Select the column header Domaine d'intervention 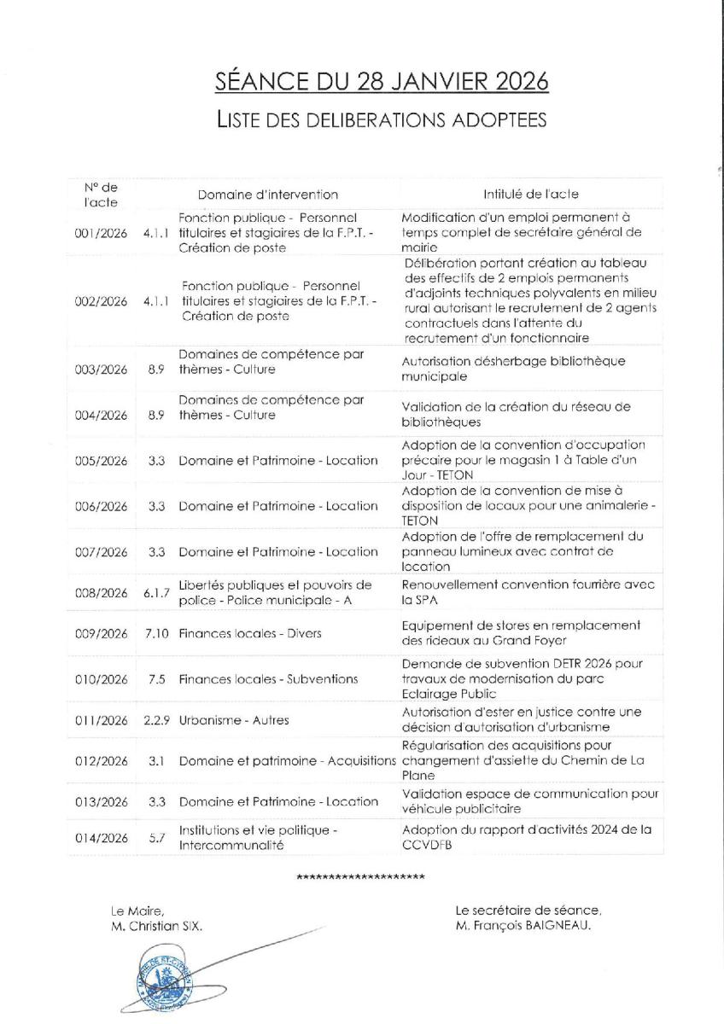[268, 195]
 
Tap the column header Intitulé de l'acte [530, 195]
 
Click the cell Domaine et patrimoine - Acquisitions [288, 761]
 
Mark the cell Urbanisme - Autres [234, 720]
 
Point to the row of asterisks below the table [361, 878]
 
